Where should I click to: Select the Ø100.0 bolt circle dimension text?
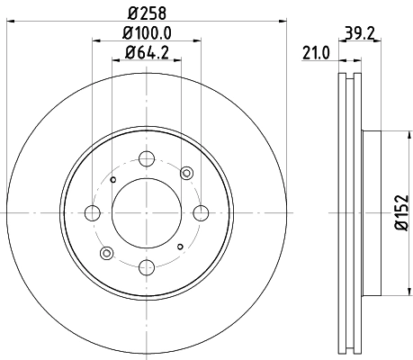147,34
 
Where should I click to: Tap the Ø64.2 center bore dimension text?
147,53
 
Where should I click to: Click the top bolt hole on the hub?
146,160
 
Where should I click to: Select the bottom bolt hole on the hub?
146,265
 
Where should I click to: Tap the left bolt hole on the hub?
93,213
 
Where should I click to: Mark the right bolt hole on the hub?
199,213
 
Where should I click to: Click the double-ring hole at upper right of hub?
187,173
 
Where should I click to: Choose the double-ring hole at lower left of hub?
106,253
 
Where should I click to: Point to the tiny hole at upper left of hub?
112,180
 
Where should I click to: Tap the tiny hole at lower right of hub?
180,247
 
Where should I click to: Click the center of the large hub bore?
146,213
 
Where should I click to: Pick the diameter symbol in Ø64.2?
129,53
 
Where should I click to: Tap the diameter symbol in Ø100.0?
125,34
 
